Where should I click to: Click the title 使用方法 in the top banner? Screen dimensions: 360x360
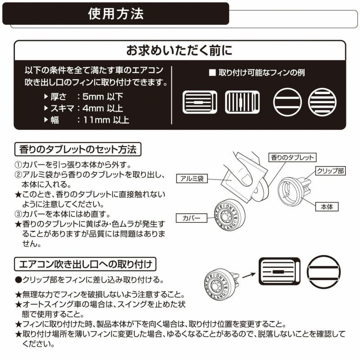116,13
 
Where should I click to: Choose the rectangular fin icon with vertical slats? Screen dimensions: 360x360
243,102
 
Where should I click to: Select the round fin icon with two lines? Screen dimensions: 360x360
287,102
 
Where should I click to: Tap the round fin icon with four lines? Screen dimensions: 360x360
322,102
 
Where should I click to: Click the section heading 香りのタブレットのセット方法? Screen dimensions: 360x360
78,148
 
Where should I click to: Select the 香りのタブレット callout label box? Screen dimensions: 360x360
292,157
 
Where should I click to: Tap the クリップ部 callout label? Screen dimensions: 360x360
330,171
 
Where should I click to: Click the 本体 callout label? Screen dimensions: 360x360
326,207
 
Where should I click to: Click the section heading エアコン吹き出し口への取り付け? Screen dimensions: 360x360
85,263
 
